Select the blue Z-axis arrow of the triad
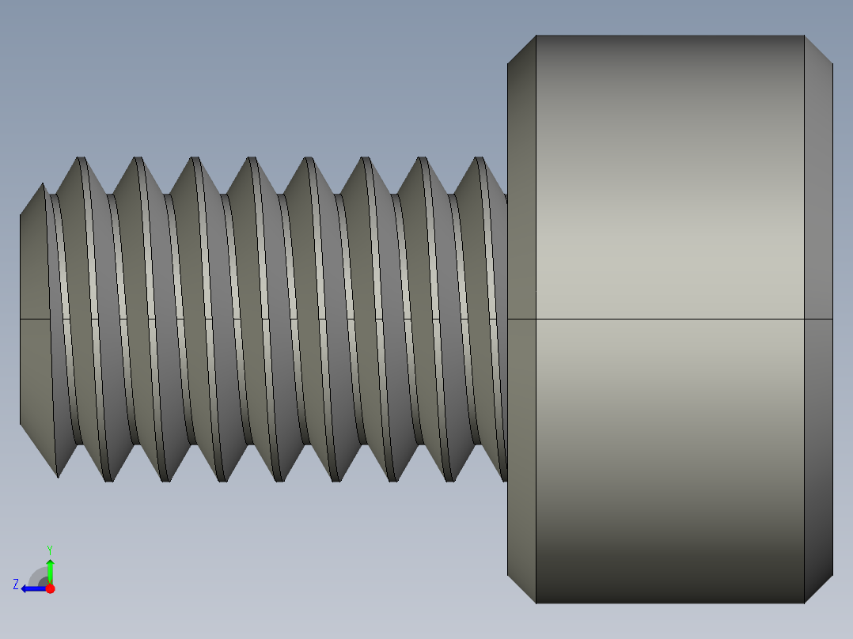[32, 588]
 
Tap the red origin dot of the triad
[51, 588]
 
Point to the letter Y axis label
[50, 549]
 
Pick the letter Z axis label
[16, 584]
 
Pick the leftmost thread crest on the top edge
[80, 159]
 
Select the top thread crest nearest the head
[479, 159]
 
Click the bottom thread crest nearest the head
[449, 479]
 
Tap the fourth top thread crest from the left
[251, 159]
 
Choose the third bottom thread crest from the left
[165, 479]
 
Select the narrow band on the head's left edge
[521, 237]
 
